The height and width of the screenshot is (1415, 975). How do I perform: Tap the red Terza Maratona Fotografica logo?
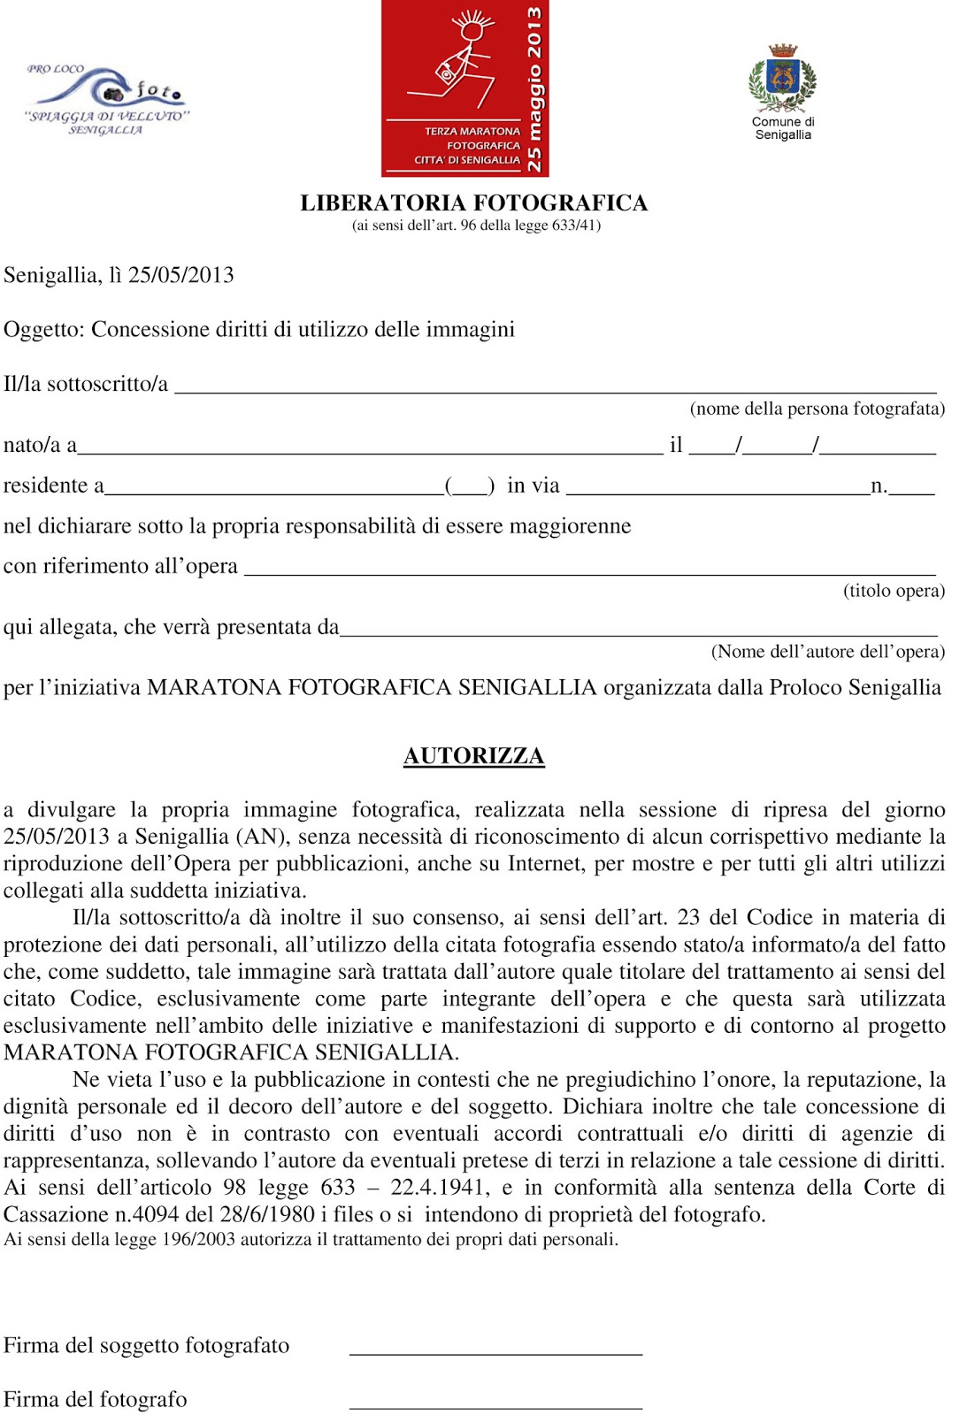pos(464,88)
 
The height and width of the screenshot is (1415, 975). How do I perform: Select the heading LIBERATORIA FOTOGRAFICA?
pos(474,203)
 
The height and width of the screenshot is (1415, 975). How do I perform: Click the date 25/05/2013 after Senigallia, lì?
pos(181,275)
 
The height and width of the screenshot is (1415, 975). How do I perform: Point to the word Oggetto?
pos(42,330)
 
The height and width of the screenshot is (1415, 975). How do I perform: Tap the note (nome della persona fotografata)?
pos(817,409)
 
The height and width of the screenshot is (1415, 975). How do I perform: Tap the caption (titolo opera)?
pos(894,591)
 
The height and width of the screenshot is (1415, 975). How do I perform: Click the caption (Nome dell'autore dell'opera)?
pos(827,652)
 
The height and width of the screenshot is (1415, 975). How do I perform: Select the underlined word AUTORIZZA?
pos(474,756)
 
